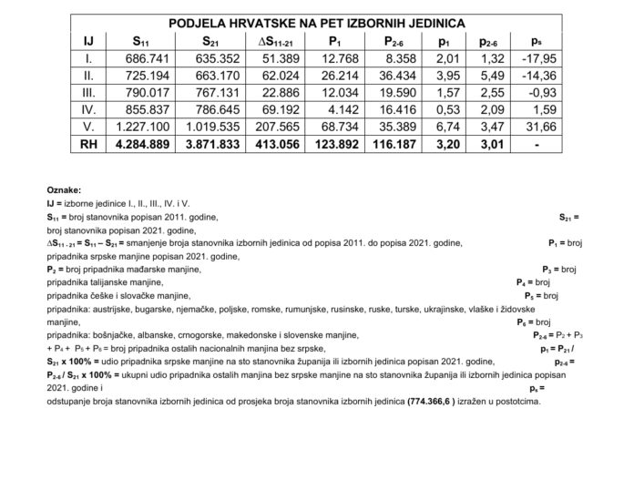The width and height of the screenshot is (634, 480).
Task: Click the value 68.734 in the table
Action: [x=338, y=127]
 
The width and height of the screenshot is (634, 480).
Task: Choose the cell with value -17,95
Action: [x=533, y=58]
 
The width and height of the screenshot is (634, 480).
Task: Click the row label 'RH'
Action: [x=87, y=144]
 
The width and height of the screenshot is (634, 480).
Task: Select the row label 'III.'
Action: [x=87, y=93]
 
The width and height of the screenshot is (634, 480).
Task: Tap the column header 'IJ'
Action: [x=87, y=41]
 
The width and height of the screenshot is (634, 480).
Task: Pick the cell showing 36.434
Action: [x=397, y=76]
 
